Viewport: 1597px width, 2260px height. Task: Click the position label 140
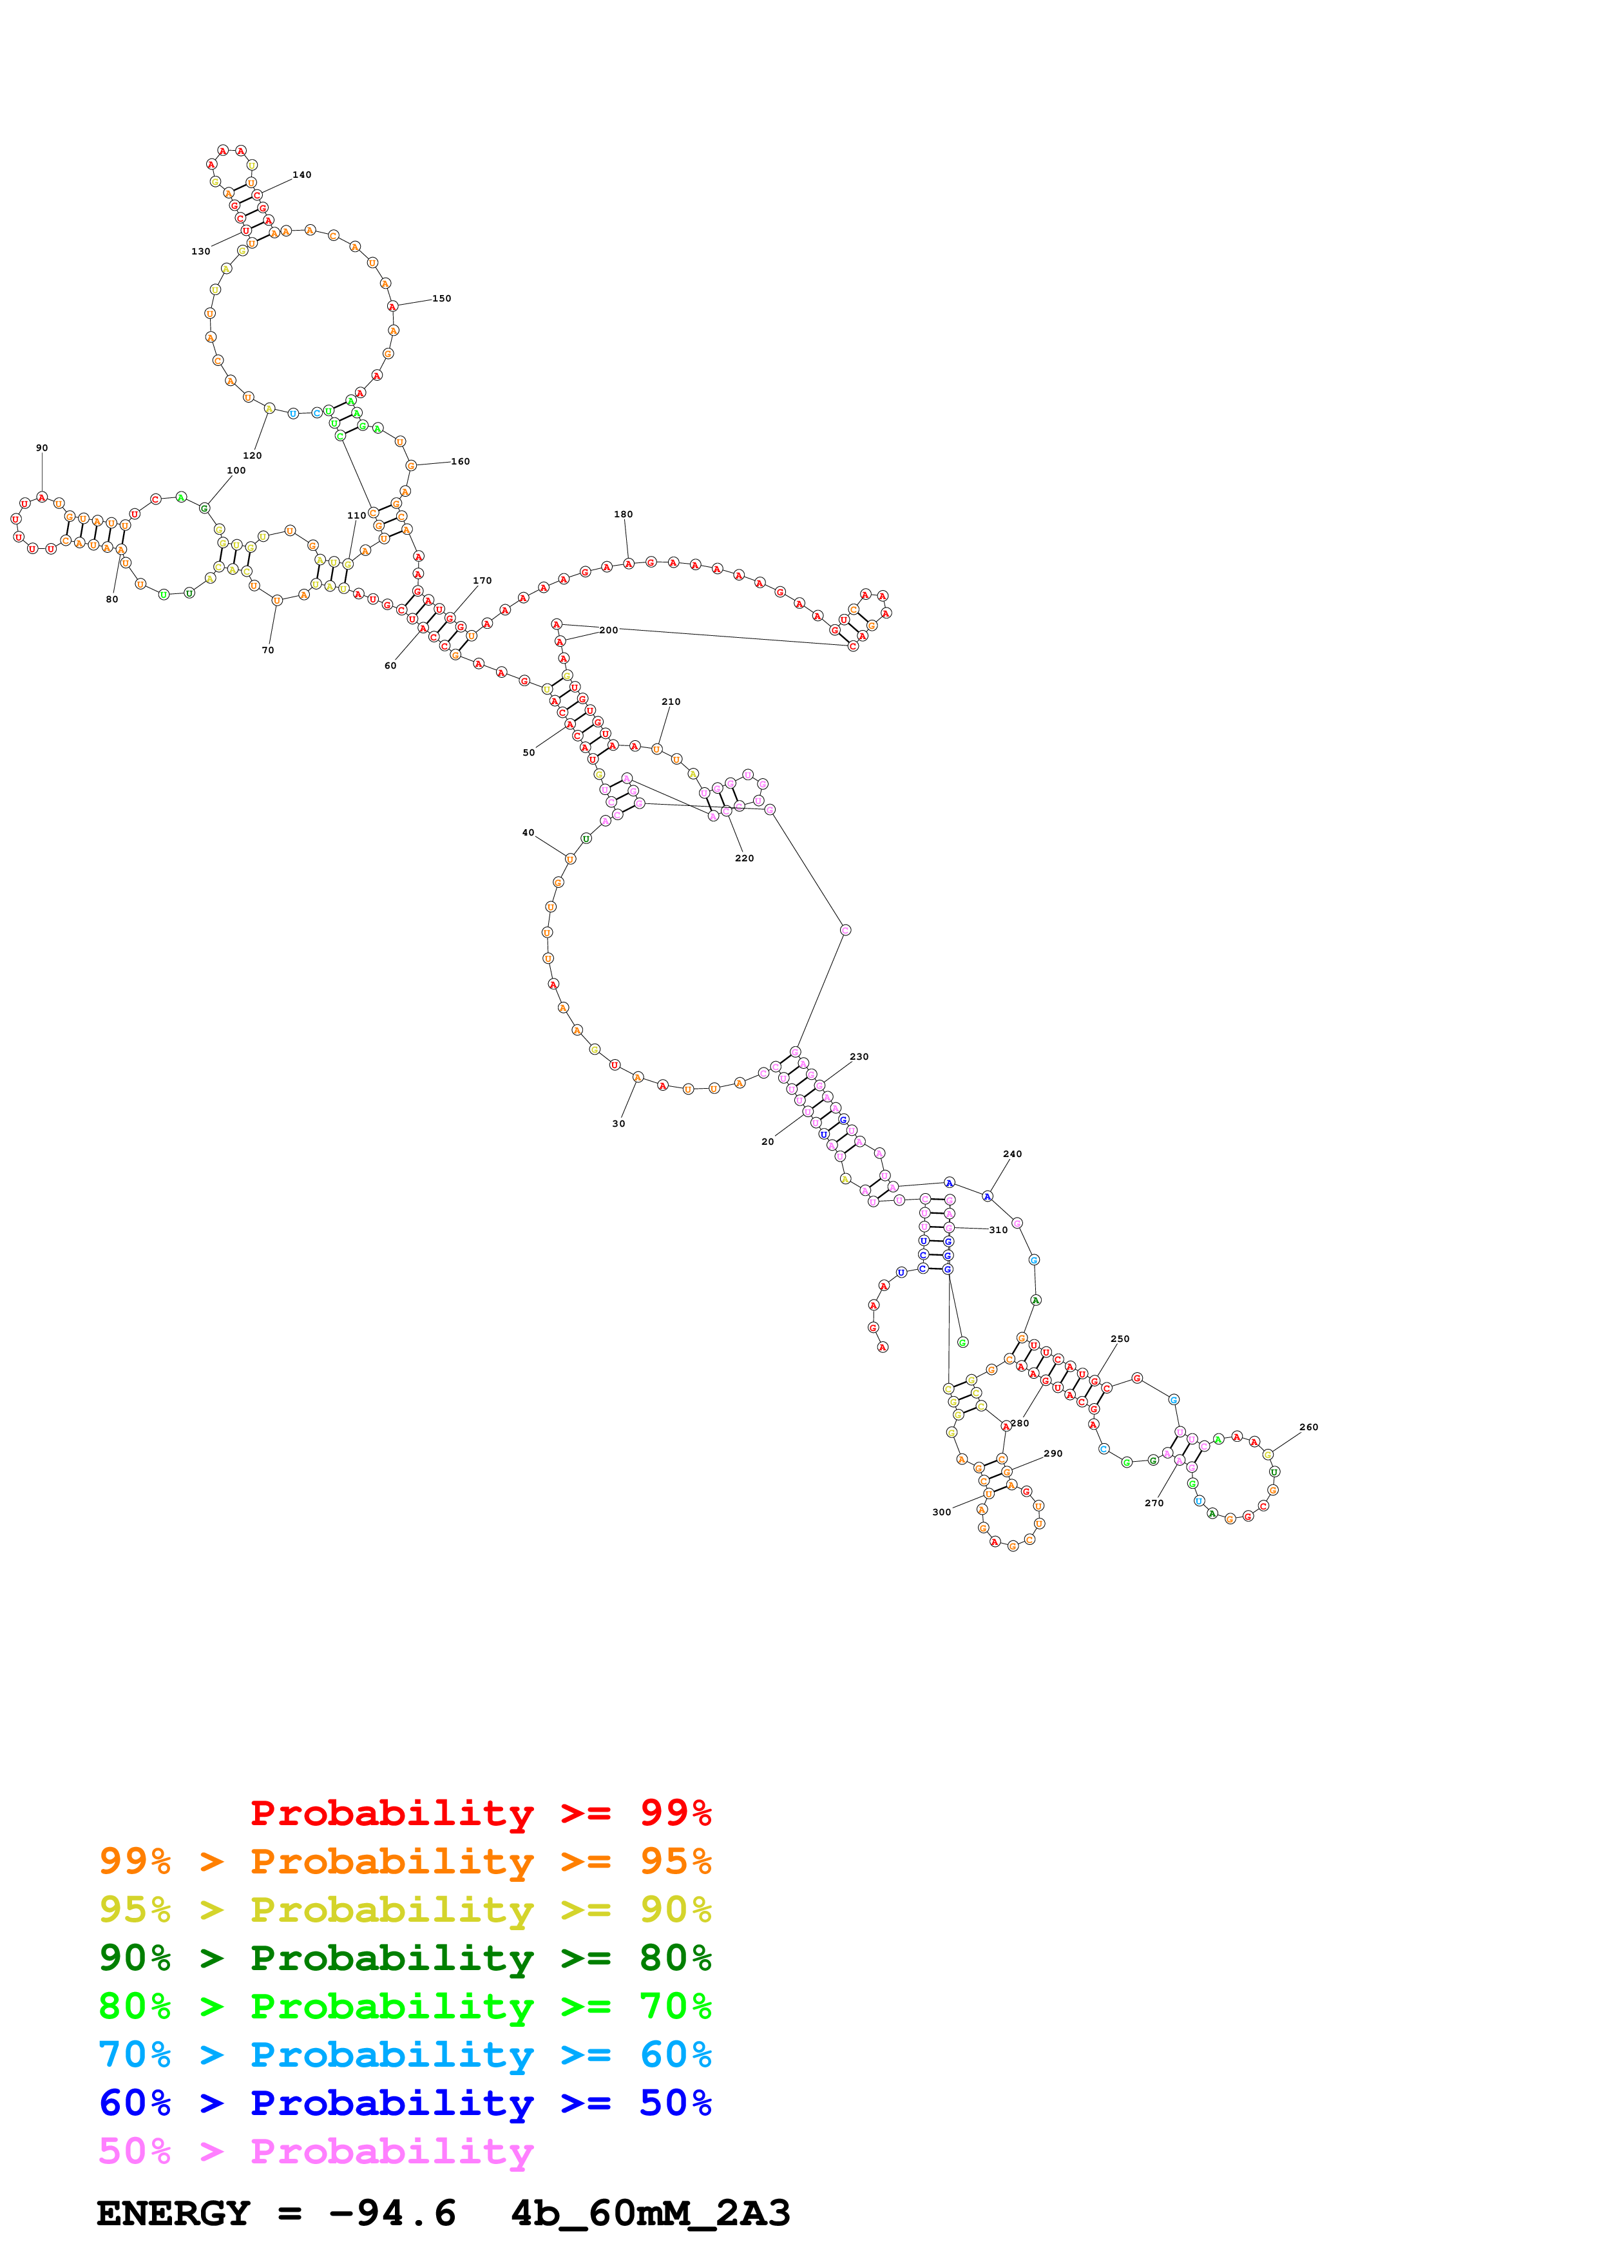(302, 175)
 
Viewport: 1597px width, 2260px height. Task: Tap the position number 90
(41, 448)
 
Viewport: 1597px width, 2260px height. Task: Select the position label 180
(623, 514)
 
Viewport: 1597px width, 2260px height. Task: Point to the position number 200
(608, 630)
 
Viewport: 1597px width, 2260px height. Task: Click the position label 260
(1308, 1426)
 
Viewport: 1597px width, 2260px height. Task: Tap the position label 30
(618, 1123)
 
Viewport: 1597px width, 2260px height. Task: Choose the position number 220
(744, 858)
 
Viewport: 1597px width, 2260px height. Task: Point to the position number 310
(998, 1229)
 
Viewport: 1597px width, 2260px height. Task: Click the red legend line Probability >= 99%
(480, 1812)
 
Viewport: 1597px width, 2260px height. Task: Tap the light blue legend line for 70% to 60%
(405, 2054)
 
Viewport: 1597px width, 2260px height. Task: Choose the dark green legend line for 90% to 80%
(405, 1958)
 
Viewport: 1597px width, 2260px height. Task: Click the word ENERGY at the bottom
(173, 2214)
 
